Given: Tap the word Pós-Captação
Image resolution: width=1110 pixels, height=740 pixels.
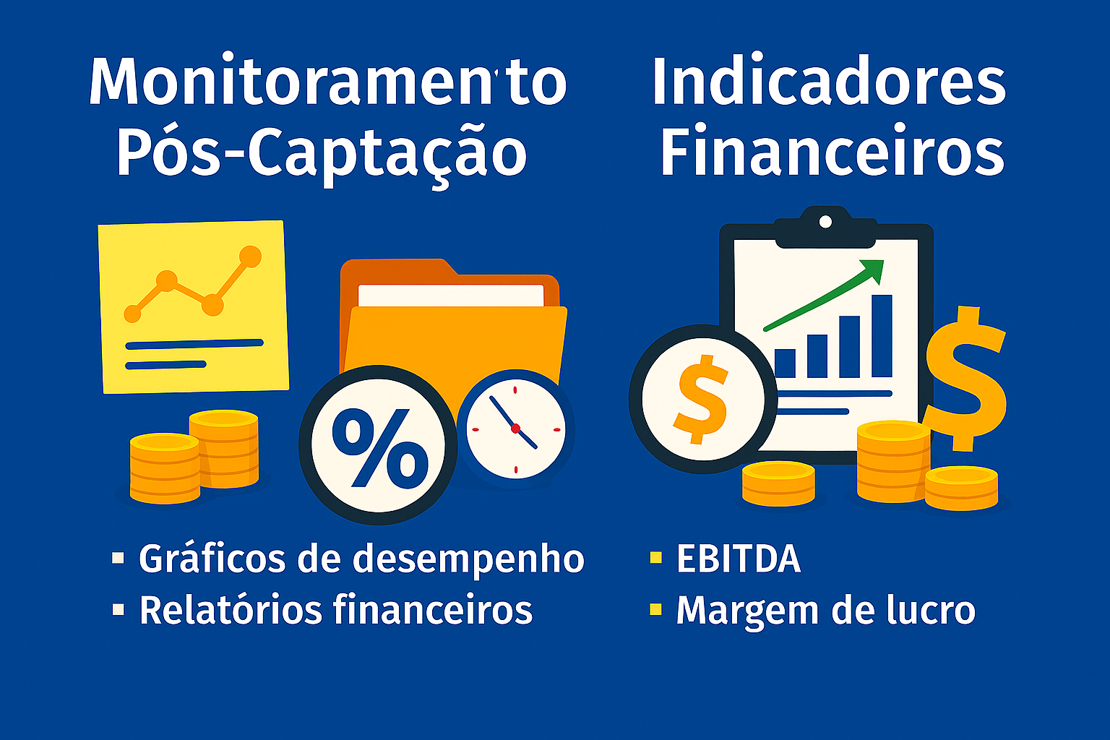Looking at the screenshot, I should pos(322,153).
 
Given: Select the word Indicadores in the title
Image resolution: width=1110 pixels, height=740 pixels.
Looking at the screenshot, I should pos(829,82).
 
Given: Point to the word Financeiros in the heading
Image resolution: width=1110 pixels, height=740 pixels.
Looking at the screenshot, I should pos(832,153).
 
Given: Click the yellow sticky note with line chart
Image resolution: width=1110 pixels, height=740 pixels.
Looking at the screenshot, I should pos(194,307).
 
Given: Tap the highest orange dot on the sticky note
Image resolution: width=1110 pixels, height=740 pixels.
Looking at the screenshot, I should pos(250,257).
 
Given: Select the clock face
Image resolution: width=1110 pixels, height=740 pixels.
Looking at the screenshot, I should pos(515,428).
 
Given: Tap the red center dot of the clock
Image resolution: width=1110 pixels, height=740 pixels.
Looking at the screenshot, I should pos(515,429).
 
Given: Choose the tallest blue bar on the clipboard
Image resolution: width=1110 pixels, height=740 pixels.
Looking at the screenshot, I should pos(882,336).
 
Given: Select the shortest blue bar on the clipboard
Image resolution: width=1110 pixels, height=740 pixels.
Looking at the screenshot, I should pos(785,363).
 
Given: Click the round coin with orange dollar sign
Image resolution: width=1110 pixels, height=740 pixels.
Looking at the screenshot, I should pos(701,399).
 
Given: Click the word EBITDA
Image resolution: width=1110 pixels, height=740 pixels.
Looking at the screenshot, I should pos(739,559).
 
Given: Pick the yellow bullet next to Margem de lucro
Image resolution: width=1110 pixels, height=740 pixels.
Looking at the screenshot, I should pos(655,609).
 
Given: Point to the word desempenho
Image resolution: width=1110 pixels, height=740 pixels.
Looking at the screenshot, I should pos(470,559).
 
